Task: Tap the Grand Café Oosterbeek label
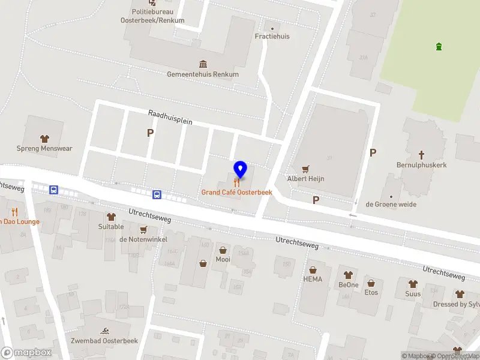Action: coord(236,193)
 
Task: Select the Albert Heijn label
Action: coord(305,179)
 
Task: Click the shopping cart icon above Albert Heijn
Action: coord(305,169)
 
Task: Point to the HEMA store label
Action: coord(313,279)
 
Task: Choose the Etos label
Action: coord(371,292)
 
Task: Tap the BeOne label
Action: coord(348,285)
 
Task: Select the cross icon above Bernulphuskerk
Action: coord(421,154)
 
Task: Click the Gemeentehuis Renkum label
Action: coord(203,74)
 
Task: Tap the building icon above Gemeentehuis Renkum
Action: coord(203,64)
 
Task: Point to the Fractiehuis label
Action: coord(272,37)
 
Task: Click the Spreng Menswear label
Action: coord(44,148)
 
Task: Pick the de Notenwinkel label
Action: coord(143,239)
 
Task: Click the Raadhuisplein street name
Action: coord(170,117)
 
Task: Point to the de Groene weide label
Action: coord(391,205)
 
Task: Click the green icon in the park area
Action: coord(439,46)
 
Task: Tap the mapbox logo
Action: coord(26,353)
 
